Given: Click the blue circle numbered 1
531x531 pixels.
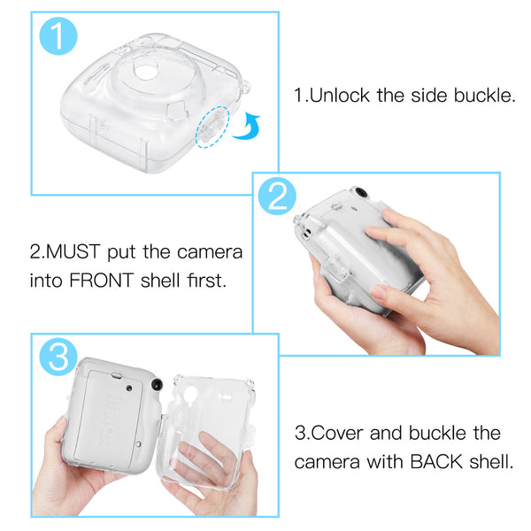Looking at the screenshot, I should pyautogui.click(x=57, y=36).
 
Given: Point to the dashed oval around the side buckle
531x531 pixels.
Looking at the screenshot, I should pyautogui.click(x=212, y=129).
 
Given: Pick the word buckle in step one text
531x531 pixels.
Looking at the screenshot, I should pyautogui.click(x=483, y=96).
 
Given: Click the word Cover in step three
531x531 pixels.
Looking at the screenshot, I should pyautogui.click(x=339, y=433).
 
